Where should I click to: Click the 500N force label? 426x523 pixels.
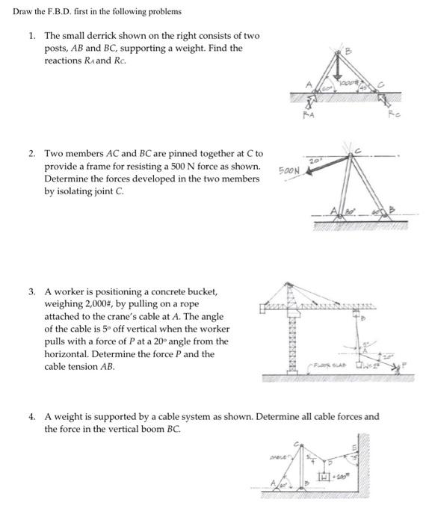pos(289,170)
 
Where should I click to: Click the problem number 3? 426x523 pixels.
pos(31,291)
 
